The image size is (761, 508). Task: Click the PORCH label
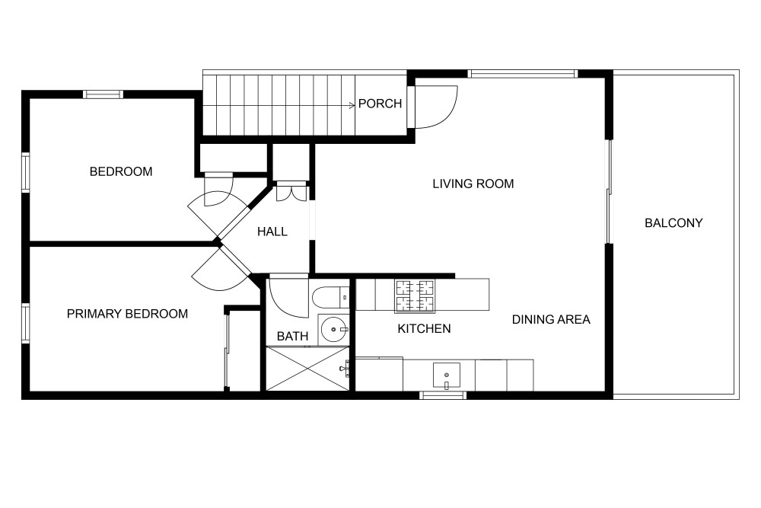coord(380,104)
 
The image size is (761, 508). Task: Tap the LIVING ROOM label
coord(473,184)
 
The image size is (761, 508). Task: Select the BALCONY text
coord(673,223)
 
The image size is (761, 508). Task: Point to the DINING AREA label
coord(551,320)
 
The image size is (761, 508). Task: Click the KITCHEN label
coord(424,329)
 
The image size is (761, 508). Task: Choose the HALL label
coord(272,232)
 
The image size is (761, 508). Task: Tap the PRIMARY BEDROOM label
coord(127,314)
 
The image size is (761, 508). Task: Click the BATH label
coord(293,336)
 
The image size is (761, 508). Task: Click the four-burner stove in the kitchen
coord(415,296)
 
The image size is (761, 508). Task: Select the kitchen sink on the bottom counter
coord(447,375)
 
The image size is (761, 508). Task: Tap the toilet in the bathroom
coord(330,297)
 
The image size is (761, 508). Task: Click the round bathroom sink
coord(334,330)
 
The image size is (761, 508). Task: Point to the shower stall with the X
coord(307,368)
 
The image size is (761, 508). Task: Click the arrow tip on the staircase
coord(355,105)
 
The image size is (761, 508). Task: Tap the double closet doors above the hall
coord(291,192)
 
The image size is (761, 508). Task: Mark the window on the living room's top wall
coord(524,74)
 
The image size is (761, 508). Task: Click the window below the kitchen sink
coord(443,395)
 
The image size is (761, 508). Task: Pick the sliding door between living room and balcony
coord(609,192)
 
